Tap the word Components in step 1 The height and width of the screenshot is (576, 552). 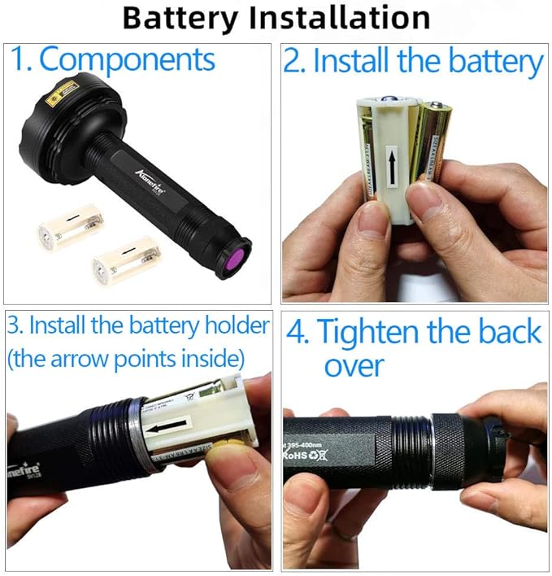coord(127,60)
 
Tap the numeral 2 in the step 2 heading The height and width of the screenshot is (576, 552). coord(292,63)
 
